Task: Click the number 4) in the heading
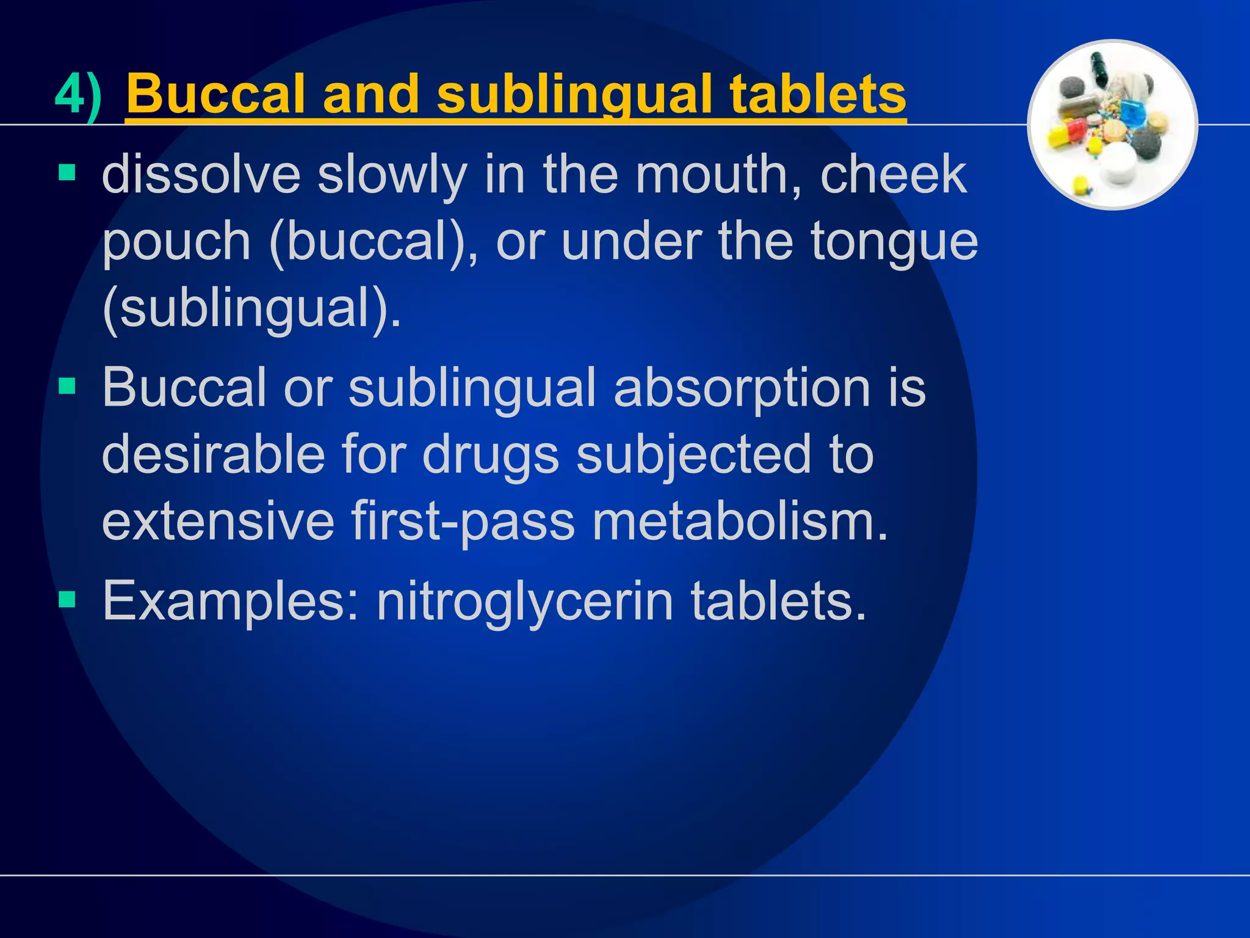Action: point(78,95)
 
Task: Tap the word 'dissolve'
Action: point(201,175)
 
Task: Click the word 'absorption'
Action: point(742,388)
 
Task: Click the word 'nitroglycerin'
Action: point(525,602)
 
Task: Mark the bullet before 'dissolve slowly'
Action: point(67,173)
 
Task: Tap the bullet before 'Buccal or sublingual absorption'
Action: point(67,386)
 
